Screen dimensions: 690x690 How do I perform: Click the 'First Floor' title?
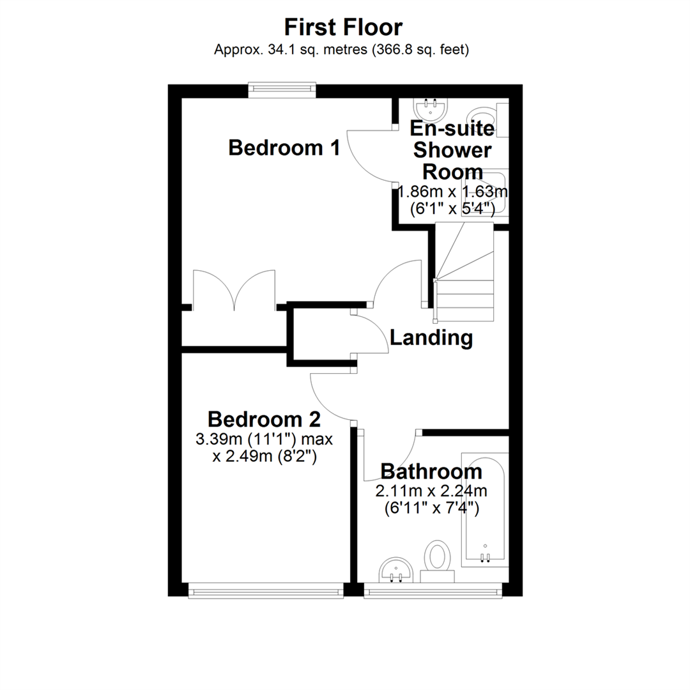pyautogui.click(x=343, y=27)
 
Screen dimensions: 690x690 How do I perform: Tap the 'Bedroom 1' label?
pyautogui.click(x=284, y=148)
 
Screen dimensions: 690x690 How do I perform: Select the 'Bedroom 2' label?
pyautogui.click(x=264, y=419)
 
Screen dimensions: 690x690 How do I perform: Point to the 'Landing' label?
pyautogui.click(x=431, y=338)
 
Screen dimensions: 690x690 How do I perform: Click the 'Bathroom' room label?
pyautogui.click(x=431, y=471)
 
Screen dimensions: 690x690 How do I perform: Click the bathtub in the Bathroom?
pyautogui.click(x=484, y=510)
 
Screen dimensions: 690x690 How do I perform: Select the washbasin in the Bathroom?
pyautogui.click(x=396, y=571)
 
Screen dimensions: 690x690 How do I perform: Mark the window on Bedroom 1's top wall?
pyautogui.click(x=282, y=90)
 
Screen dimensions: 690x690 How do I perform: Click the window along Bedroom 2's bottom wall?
pyautogui.click(x=266, y=590)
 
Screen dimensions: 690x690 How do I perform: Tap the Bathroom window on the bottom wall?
pyautogui.click(x=433, y=590)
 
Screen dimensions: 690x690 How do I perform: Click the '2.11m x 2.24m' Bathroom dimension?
pyautogui.click(x=431, y=491)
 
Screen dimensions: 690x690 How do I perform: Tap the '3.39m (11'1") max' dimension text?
pyautogui.click(x=264, y=439)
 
